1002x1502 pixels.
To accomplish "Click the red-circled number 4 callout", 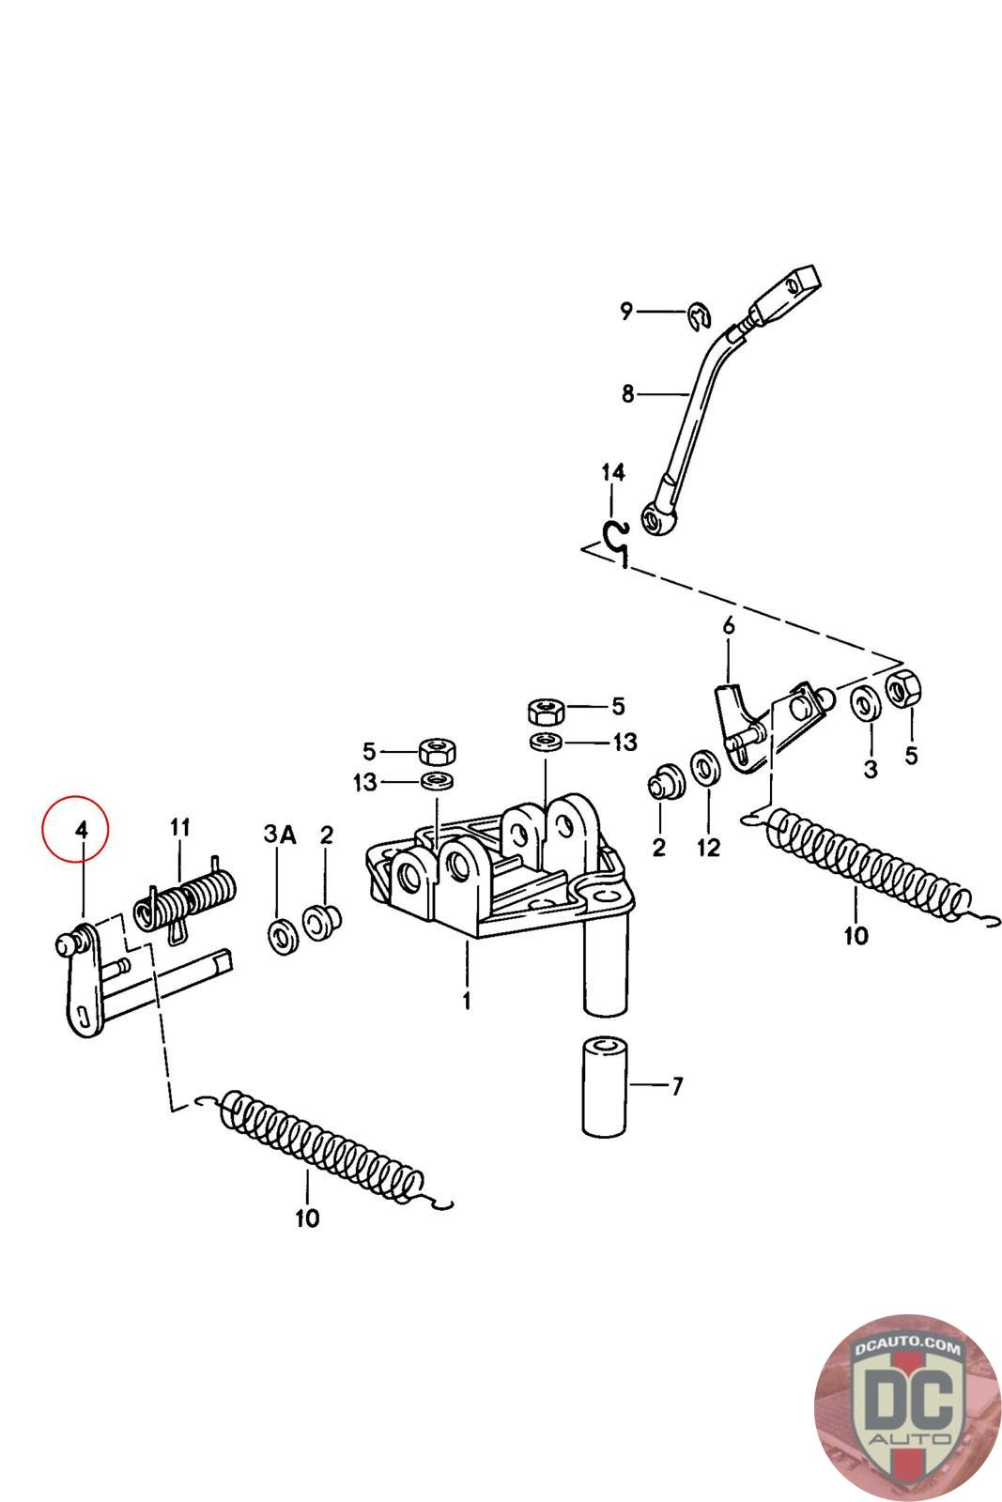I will coord(81,830).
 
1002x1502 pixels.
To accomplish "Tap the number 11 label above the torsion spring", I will coord(179,827).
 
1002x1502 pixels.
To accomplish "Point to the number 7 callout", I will coord(676,1087).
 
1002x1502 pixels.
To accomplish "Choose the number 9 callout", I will coord(626,311).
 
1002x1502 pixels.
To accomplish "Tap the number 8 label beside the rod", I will coord(627,394).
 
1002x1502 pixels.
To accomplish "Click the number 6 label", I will coord(728,626).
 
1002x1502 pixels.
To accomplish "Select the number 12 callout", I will coord(708,848).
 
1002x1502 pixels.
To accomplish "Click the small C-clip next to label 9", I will coord(696,317).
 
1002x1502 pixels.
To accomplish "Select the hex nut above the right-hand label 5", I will coord(903,690).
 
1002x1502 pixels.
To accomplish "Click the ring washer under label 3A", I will coord(280,936).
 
